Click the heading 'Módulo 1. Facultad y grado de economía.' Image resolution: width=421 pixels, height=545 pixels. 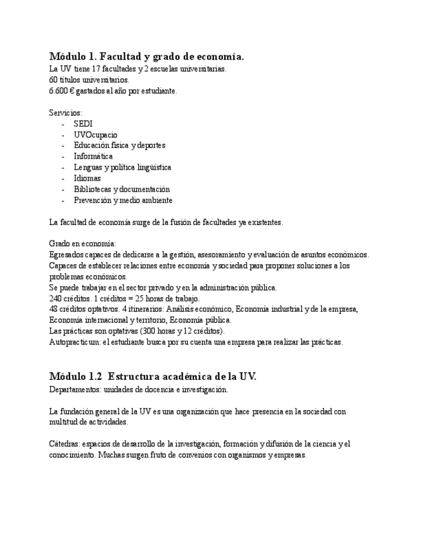pyautogui.click(x=147, y=57)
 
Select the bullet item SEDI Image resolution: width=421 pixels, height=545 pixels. pyautogui.click(x=83, y=123)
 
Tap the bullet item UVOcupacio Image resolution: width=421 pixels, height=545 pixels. pyautogui.click(x=95, y=134)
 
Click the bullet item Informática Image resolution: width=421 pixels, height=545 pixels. pyautogui.click(x=93, y=156)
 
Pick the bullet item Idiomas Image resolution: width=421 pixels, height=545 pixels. pyautogui.click(x=87, y=178)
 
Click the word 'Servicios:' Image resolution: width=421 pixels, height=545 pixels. pyautogui.click(x=66, y=112)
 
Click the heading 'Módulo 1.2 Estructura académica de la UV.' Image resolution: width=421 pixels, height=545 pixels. pyautogui.click(x=152, y=377)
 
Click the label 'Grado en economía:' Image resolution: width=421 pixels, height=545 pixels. pyautogui.click(x=82, y=244)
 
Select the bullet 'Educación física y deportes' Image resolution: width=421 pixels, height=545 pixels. pyautogui.click(x=119, y=145)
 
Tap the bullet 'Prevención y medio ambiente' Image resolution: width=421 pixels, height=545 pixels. pyautogui.click(x=123, y=200)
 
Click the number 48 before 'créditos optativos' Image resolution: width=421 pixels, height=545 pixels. pyautogui.click(x=53, y=309)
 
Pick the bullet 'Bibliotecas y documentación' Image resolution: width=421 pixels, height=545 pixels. pyautogui.click(x=121, y=189)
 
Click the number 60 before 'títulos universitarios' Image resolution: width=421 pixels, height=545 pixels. pyautogui.click(x=53, y=80)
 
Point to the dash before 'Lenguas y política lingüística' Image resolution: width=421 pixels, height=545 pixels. pyautogui.click(x=63, y=167)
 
